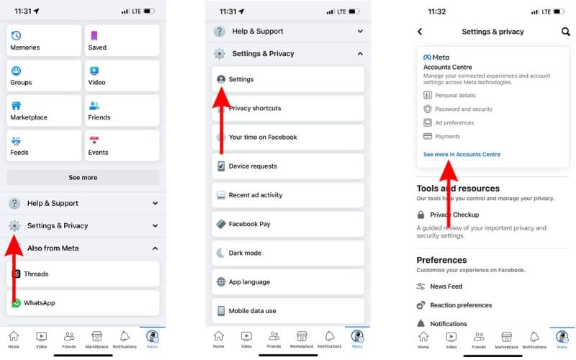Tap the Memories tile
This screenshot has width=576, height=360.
coord(44,40)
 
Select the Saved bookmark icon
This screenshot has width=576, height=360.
coord(94,35)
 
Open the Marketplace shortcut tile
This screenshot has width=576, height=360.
coord(44,111)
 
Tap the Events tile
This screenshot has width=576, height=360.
coord(122,145)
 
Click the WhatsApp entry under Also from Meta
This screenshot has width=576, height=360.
coord(83,303)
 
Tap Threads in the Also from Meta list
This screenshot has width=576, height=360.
coord(83,274)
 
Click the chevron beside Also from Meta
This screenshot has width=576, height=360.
coord(156,248)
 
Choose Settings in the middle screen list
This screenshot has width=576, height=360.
coord(288,79)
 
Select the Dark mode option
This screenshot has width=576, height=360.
coord(288,253)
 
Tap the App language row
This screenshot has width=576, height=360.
coord(288,282)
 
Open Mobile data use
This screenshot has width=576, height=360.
coord(288,311)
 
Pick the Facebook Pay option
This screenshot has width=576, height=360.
coord(288,224)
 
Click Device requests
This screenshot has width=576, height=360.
coord(288,166)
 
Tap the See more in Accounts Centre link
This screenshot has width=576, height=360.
coord(462,155)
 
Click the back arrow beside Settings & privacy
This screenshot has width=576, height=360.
coord(420,32)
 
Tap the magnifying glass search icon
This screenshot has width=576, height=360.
coord(565,32)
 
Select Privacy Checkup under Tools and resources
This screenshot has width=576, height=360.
coord(454,215)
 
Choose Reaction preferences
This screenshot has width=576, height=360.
coord(461,305)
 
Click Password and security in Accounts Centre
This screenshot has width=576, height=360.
coord(464,109)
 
